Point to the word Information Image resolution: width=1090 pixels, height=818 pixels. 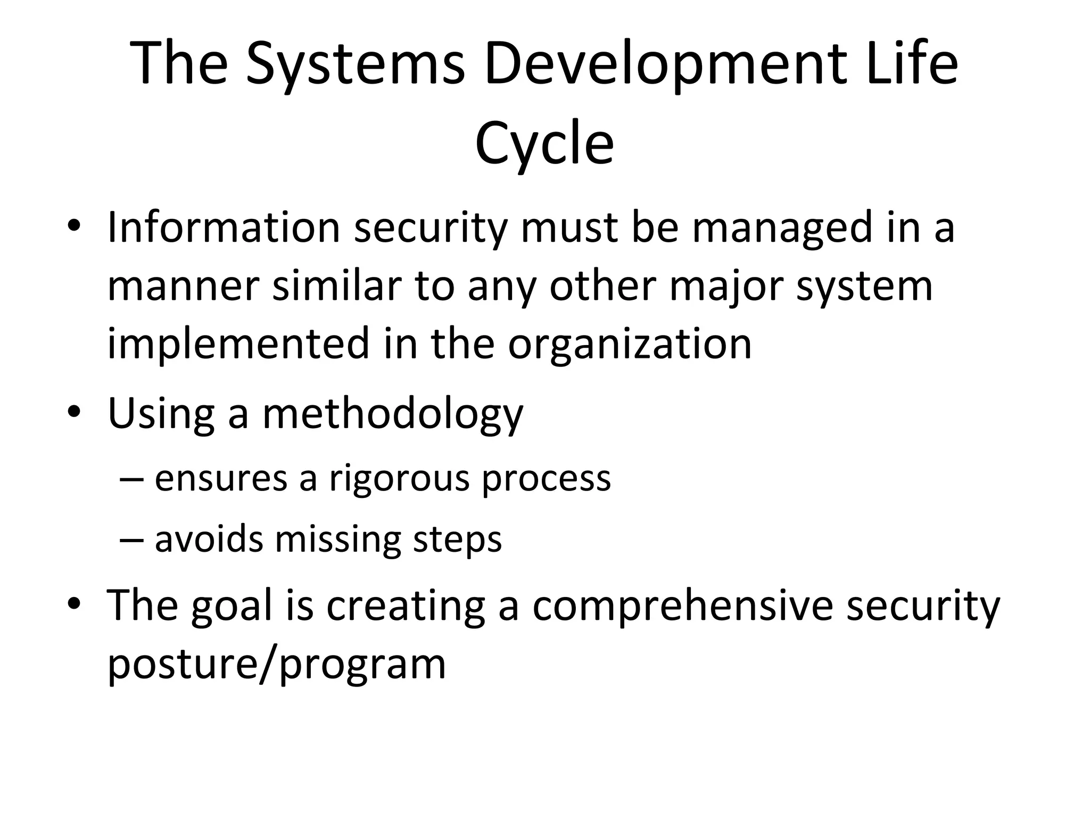[x=224, y=228]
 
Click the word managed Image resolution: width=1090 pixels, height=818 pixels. [x=782, y=228]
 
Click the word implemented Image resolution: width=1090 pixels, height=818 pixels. [x=238, y=344]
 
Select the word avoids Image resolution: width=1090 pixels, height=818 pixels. [x=209, y=539]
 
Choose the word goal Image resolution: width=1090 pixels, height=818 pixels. [x=232, y=607]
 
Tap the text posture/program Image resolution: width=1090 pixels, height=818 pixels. [x=276, y=665]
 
